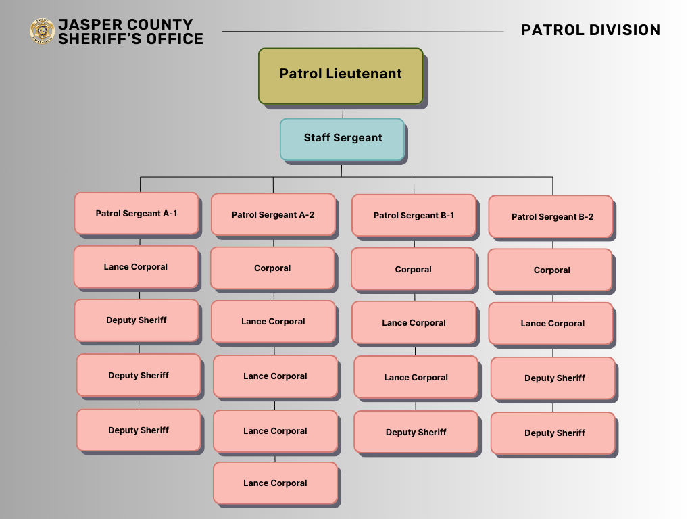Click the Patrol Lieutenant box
tap(341, 75)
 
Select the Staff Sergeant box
tap(342, 139)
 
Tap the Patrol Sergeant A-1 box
tap(137, 214)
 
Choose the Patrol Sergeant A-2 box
tap(273, 215)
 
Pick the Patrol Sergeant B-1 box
tap(414, 216)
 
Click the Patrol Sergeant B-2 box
tap(551, 217)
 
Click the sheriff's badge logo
tap(42, 31)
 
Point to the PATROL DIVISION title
tap(590, 30)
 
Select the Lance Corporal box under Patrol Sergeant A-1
tap(136, 267)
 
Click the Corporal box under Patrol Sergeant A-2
tap(272, 268)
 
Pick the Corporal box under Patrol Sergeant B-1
tap(413, 270)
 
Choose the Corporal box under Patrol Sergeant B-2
tap(551, 270)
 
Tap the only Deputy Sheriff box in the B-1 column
tap(416, 432)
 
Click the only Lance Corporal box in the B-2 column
tap(552, 324)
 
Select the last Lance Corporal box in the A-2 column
tap(275, 483)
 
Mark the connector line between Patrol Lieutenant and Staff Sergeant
tap(343, 112)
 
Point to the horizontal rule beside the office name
tap(362, 31)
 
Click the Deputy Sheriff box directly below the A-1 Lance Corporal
tap(137, 320)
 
